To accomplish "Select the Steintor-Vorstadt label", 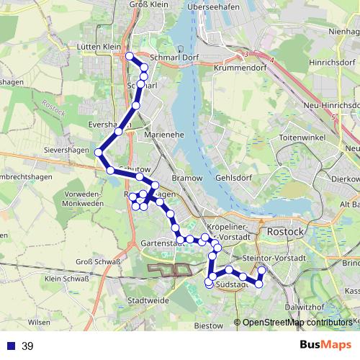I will point(276,258).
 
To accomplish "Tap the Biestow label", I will point(209,325).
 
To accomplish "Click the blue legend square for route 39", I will point(11,346).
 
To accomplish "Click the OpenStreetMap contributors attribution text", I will point(297,323).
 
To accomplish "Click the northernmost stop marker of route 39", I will point(129,56).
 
